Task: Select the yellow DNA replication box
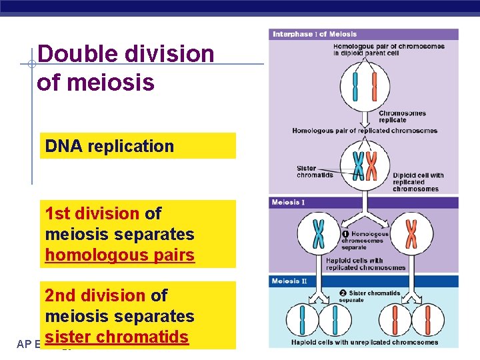point(139,146)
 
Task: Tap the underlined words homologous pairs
point(120,255)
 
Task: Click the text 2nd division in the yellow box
point(95,295)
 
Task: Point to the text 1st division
point(92,213)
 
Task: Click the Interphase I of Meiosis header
point(315,34)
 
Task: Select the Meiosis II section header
point(290,281)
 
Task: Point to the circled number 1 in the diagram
point(345,234)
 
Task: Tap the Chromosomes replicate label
point(402,117)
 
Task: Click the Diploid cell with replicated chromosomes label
point(418,182)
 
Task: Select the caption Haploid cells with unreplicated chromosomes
point(365,343)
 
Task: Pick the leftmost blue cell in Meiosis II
point(300,319)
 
